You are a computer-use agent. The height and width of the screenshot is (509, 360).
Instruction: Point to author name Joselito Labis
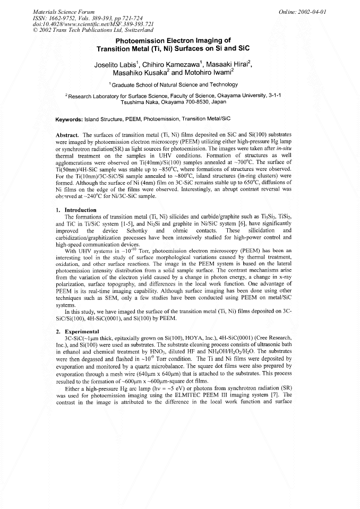112,65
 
